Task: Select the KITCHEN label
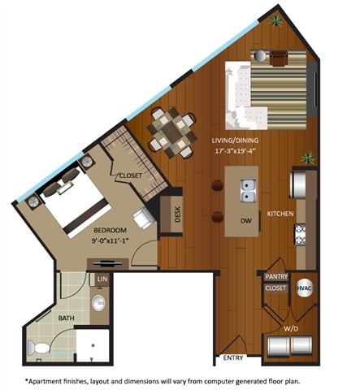tap(280, 214)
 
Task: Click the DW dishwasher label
tap(243, 219)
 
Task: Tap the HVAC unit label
tap(304, 288)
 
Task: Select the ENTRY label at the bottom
tap(233, 357)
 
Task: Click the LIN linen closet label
tap(102, 280)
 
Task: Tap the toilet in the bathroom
tap(37, 348)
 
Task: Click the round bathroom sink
tap(99, 305)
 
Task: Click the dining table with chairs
tap(171, 131)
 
